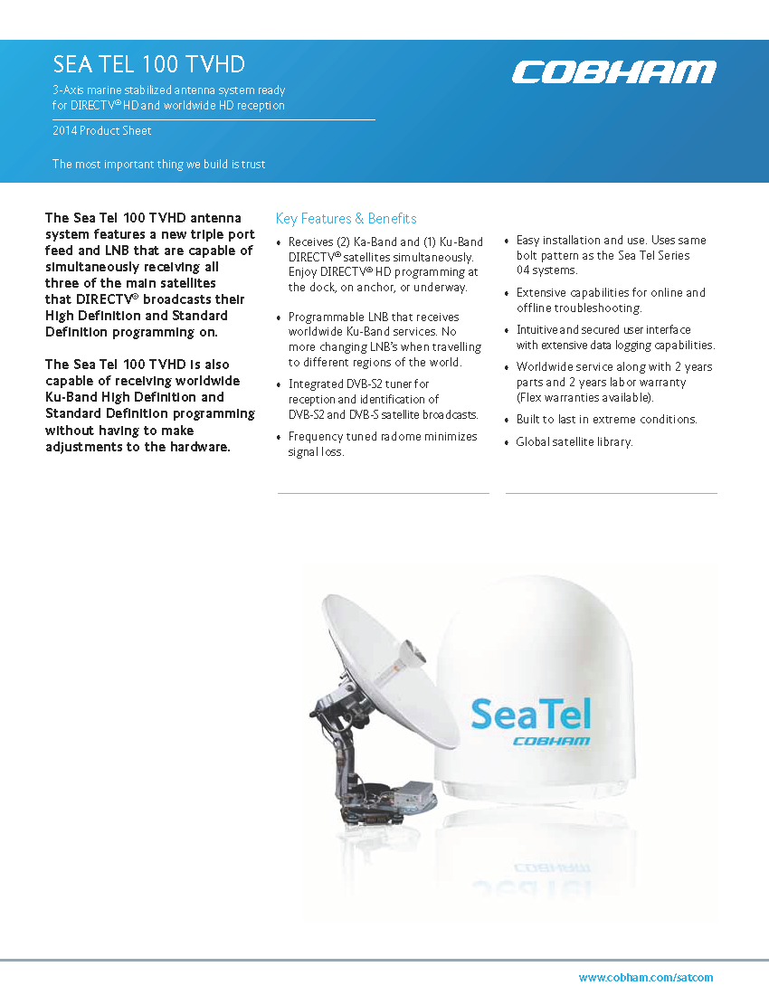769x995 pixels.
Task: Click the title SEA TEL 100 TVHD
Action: coord(149,64)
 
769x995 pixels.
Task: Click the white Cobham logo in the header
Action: coord(613,72)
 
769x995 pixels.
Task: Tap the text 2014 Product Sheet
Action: coord(102,131)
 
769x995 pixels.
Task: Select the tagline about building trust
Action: coord(159,164)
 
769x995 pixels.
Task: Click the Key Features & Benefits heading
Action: coord(346,219)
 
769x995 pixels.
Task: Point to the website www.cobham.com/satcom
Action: coord(646,977)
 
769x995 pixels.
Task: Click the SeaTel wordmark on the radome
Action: coord(531,714)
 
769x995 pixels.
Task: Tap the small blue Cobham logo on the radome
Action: coord(551,741)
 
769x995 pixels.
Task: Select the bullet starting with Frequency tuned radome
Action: coord(382,444)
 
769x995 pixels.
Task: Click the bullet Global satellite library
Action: coord(574,442)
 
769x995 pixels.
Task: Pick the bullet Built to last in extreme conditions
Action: coord(606,420)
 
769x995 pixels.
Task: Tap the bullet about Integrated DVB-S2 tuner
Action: coord(383,400)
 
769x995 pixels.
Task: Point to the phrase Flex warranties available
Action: coord(584,398)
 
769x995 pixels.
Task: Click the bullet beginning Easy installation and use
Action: coord(611,255)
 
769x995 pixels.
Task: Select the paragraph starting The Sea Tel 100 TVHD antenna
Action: coord(149,275)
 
